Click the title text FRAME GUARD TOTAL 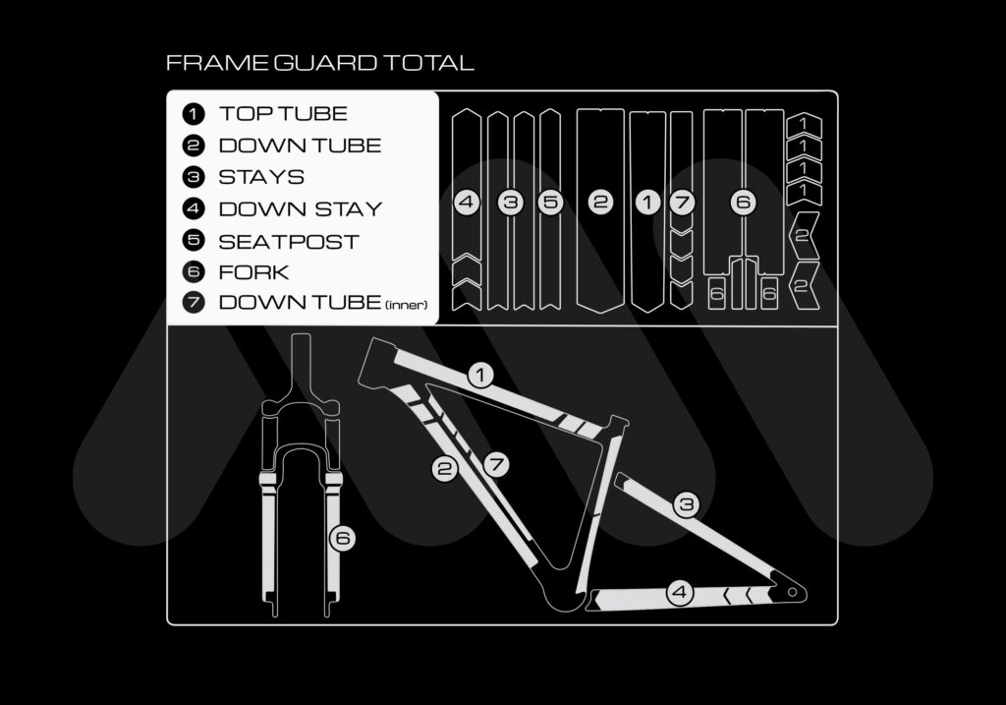pyautogui.click(x=319, y=63)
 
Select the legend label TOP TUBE pyautogui.click(x=283, y=114)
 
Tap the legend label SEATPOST pyautogui.click(x=289, y=242)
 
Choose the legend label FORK pyautogui.click(x=253, y=272)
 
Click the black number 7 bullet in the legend pyautogui.click(x=194, y=302)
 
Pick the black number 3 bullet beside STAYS pyautogui.click(x=194, y=177)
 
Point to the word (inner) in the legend pyautogui.click(x=406, y=305)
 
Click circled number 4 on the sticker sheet pyautogui.click(x=467, y=203)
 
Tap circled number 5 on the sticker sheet pyautogui.click(x=550, y=203)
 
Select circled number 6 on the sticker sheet pyautogui.click(x=743, y=203)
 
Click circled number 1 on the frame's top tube pyautogui.click(x=480, y=375)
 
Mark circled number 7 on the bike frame pyautogui.click(x=496, y=464)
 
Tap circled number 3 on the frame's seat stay pyautogui.click(x=686, y=504)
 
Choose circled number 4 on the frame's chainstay pyautogui.click(x=680, y=592)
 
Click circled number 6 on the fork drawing pyautogui.click(x=343, y=538)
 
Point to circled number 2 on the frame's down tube pyautogui.click(x=444, y=469)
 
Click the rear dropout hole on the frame pyautogui.click(x=793, y=592)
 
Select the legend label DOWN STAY pyautogui.click(x=301, y=209)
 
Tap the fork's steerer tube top pyautogui.click(x=301, y=336)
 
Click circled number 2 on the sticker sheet pyautogui.click(x=600, y=203)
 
